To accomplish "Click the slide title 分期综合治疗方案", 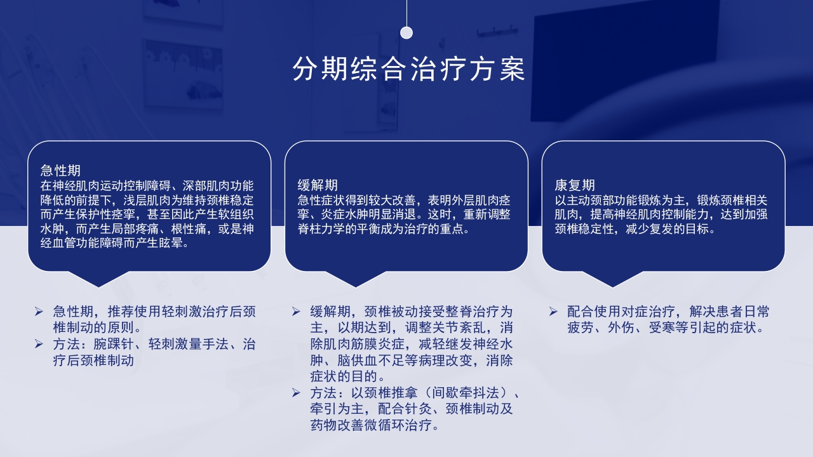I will pos(408,69).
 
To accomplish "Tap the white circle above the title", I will pos(406,33).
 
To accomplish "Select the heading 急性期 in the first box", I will pos(60,171).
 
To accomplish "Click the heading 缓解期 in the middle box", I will pos(318,185).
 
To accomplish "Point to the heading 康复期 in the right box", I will pos(575,185).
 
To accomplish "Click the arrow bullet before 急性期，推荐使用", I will pos(39,312).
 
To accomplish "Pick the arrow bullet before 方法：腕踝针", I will pos(39,345).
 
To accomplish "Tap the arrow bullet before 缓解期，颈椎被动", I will pos(296,312).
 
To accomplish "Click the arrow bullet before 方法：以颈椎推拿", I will pos(296,393).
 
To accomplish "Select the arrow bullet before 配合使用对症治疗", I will pos(553,312).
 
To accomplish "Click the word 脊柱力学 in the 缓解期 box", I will pos(324,229).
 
